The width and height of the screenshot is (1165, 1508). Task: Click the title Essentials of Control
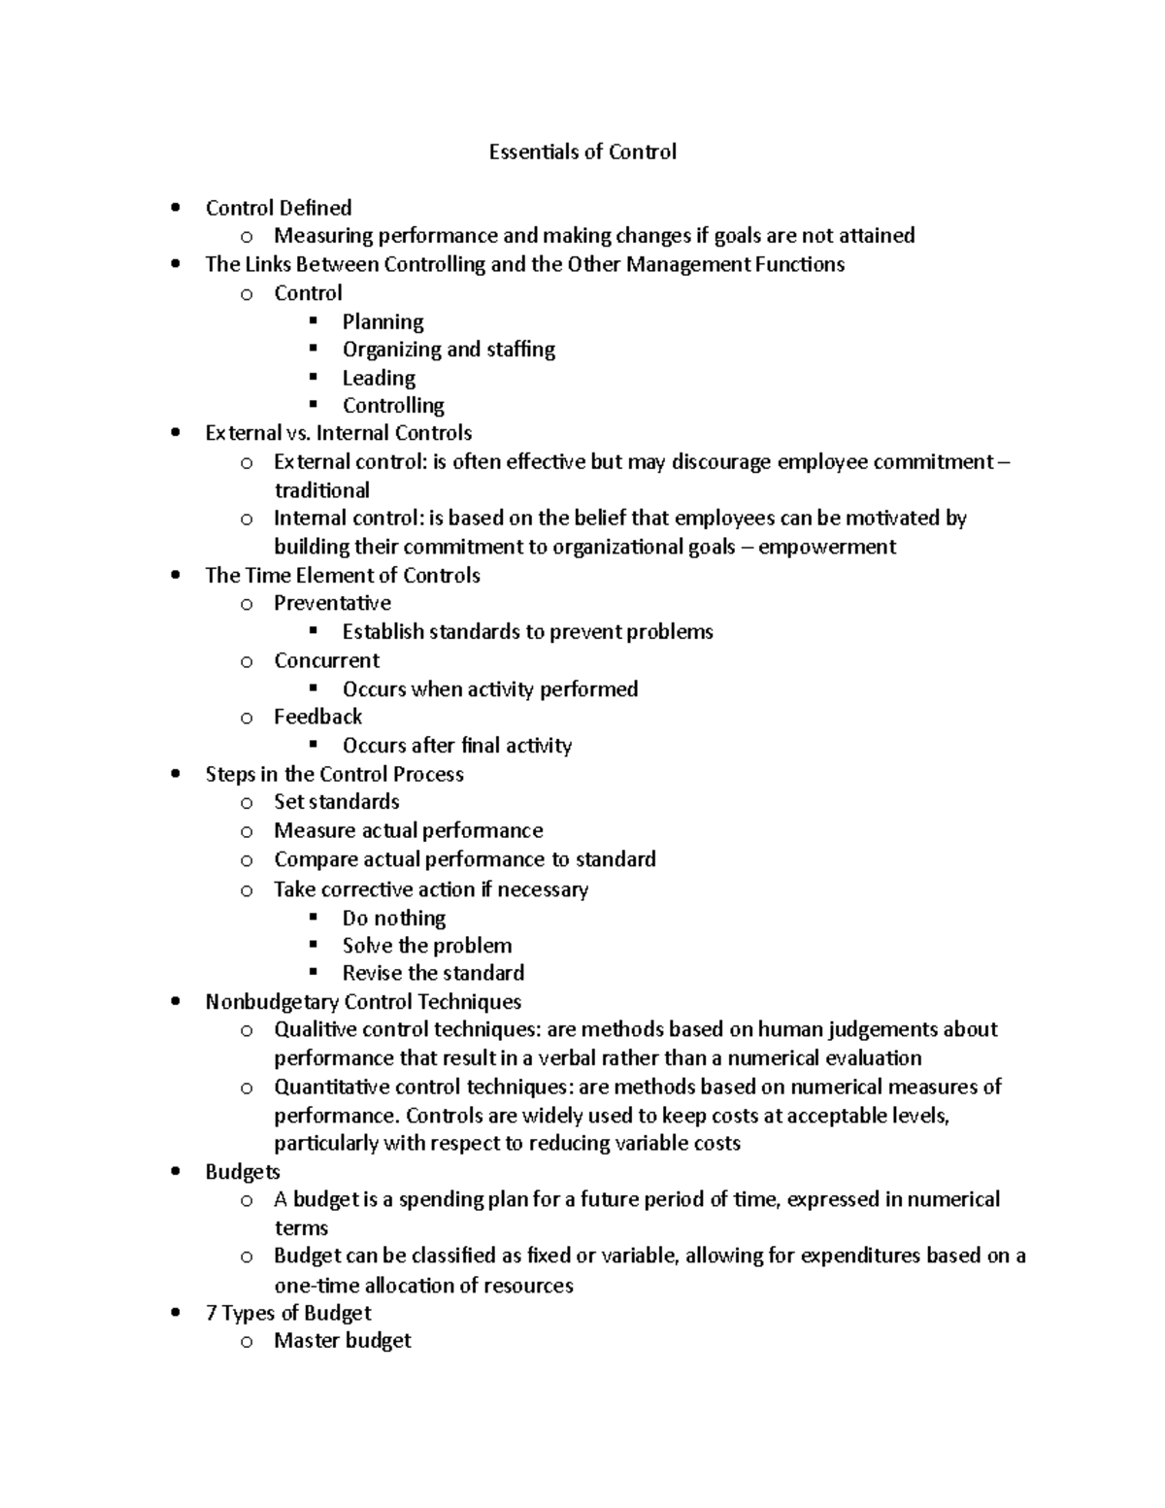[x=582, y=151]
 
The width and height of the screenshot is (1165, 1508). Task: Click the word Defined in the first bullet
[x=316, y=208]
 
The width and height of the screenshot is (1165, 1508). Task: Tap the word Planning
[x=383, y=321]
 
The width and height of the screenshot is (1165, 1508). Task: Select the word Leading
[x=379, y=378]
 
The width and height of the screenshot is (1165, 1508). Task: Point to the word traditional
[x=321, y=490]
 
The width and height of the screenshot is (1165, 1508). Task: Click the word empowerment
[x=826, y=547]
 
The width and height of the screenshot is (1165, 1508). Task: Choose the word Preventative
[x=332, y=603]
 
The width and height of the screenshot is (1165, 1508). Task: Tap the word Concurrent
[x=326, y=660]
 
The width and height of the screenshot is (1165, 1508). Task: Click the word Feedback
[x=317, y=717]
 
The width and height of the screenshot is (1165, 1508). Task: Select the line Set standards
[x=336, y=802]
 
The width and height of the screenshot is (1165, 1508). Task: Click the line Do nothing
[x=393, y=918]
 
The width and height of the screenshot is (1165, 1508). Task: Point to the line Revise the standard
[x=433, y=973]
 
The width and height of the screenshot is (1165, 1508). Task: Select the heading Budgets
[x=243, y=1172]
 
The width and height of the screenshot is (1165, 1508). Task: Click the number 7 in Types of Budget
[x=211, y=1313]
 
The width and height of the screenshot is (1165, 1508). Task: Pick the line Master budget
[x=342, y=1341]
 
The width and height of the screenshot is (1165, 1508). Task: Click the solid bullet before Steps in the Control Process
[x=175, y=774]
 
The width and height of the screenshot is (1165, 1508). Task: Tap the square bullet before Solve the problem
[x=313, y=944]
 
